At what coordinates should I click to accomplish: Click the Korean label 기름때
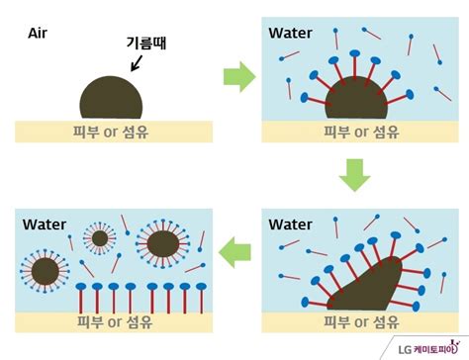pyautogui.click(x=145, y=43)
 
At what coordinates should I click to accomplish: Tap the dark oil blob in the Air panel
pyautogui.click(x=112, y=100)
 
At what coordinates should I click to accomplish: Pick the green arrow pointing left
pyautogui.click(x=234, y=253)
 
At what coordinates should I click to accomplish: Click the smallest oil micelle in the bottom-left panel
pyautogui.click(x=99, y=237)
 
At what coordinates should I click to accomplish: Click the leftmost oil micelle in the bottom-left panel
pyautogui.click(x=45, y=269)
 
